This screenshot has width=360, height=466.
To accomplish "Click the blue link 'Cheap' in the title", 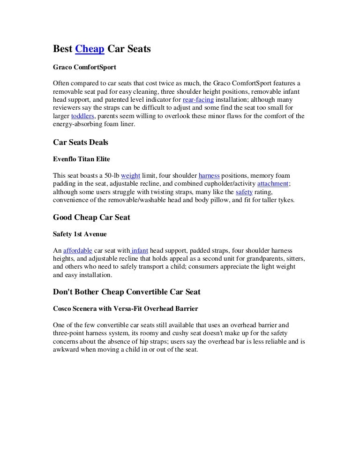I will (x=90, y=49).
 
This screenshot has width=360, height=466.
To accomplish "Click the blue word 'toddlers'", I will (x=82, y=116).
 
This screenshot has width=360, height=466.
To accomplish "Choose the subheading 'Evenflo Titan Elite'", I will (x=82, y=159).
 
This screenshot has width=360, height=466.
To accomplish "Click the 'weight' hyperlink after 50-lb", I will (x=130, y=176).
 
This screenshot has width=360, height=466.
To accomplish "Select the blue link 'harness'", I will (x=209, y=176).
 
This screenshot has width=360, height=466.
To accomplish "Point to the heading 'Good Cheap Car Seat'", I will (x=91, y=217).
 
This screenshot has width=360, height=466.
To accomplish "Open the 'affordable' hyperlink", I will (x=77, y=250).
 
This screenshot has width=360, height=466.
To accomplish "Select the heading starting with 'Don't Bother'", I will (x=127, y=292).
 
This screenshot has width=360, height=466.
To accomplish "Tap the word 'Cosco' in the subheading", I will (x=63, y=308).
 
